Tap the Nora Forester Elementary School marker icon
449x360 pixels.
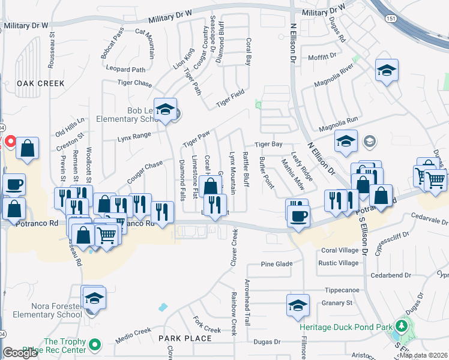point(93,298)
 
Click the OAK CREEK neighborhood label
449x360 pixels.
point(40,83)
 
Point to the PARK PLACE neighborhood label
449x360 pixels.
point(185,338)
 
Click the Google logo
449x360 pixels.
point(20,353)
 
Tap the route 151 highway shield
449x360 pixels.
point(391,19)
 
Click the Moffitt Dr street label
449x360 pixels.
point(322,56)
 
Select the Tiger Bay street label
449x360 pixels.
point(268,145)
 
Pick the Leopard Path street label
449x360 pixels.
point(125,70)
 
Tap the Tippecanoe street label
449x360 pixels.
point(342,290)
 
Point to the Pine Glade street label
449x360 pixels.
point(277,264)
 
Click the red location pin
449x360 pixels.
point(10,142)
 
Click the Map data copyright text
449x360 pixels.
point(423,355)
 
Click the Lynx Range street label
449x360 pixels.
point(133,136)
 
